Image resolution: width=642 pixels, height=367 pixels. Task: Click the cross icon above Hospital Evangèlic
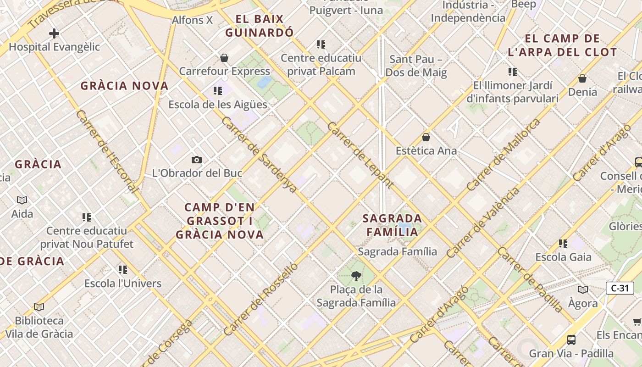(x=54, y=33)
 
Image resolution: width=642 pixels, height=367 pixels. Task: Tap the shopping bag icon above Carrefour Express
(x=224, y=58)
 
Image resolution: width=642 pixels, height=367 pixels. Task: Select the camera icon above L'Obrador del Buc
(x=197, y=160)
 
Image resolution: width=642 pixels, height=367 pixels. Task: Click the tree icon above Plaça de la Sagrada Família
(x=356, y=276)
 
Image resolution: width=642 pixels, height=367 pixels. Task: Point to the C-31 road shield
(x=620, y=288)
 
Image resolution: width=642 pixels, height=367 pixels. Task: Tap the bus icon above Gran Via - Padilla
(x=571, y=340)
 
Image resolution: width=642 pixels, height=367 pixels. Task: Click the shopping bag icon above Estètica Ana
(x=426, y=137)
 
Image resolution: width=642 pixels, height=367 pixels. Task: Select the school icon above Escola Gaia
(x=563, y=243)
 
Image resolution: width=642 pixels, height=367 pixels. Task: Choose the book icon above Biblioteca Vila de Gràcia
(x=39, y=307)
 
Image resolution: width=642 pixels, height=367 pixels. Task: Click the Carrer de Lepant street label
(x=360, y=155)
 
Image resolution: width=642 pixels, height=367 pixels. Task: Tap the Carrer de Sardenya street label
(x=259, y=154)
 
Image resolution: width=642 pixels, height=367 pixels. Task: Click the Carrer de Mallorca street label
(x=503, y=154)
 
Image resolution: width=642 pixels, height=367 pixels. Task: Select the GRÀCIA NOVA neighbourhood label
(x=125, y=86)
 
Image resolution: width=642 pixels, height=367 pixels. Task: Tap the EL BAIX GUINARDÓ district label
(x=259, y=26)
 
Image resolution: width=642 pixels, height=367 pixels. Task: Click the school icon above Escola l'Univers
(x=122, y=269)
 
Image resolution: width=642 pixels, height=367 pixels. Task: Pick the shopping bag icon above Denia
(x=582, y=78)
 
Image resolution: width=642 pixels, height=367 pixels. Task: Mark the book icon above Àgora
(x=583, y=289)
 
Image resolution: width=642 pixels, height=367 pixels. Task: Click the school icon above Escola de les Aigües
(x=217, y=91)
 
